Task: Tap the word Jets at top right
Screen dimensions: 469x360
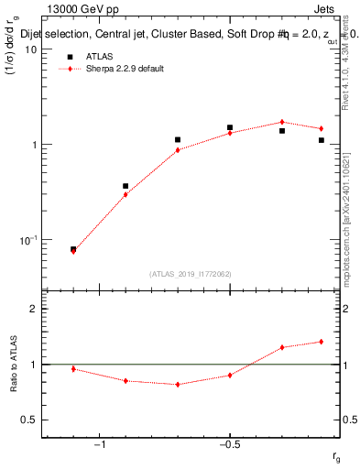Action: pos(327,9)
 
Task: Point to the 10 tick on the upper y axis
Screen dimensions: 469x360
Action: pos(30,49)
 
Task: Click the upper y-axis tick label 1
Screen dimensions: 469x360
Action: pos(33,145)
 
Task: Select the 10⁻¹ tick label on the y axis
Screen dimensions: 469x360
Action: pos(27,240)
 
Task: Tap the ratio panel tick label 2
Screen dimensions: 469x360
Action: pos(33,310)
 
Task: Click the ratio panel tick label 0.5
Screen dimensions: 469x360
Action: pos(29,420)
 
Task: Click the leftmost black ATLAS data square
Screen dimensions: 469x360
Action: pos(73,249)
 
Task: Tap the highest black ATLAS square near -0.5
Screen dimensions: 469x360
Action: pos(230,127)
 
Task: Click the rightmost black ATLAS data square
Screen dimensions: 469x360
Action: pos(322,140)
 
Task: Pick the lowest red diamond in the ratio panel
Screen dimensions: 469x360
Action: pos(178,385)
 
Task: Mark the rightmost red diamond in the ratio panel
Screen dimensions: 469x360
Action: pos(322,342)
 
